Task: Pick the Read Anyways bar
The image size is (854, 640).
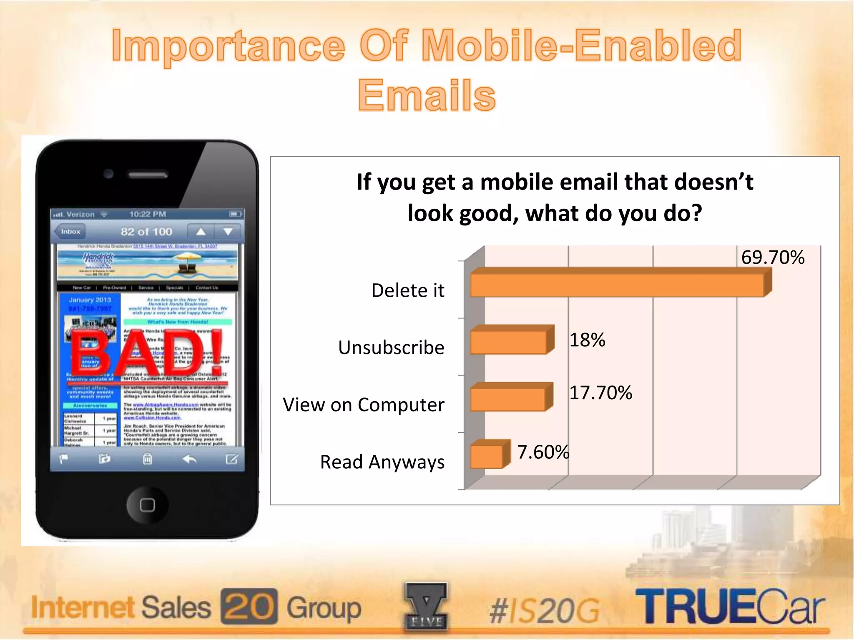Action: [x=487, y=457]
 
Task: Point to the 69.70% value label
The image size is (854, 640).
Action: [x=773, y=257]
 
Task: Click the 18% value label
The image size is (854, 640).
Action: [x=587, y=340]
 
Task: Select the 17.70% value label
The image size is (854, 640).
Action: [x=600, y=393]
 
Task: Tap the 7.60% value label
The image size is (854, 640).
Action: [x=543, y=452]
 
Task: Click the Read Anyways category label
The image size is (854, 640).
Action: [x=382, y=462]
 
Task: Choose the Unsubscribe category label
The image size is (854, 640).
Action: [x=391, y=347]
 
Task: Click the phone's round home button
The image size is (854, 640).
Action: [x=147, y=505]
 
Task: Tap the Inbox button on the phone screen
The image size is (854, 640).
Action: [x=70, y=232]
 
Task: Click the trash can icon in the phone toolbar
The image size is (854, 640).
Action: [x=147, y=459]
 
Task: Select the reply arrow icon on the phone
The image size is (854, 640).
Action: [x=190, y=459]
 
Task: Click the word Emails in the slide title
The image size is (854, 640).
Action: [x=427, y=95]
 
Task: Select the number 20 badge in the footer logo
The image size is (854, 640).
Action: [x=249, y=606]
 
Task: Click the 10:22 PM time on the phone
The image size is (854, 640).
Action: [x=148, y=214]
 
